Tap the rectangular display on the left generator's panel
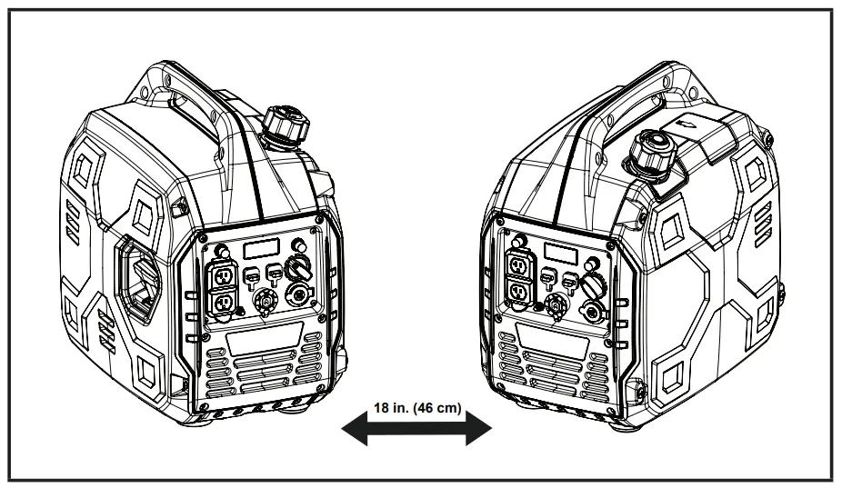pos(260,247)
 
